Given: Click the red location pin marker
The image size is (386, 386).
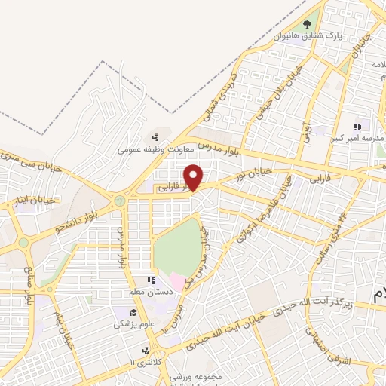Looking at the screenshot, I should pyautogui.click(x=194, y=177).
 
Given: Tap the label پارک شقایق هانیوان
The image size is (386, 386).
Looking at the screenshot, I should pyautogui.click(x=308, y=36).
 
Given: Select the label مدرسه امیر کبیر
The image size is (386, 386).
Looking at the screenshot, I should pyautogui.click(x=357, y=139).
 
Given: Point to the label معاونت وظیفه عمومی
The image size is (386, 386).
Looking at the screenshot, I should pyautogui.click(x=151, y=149).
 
